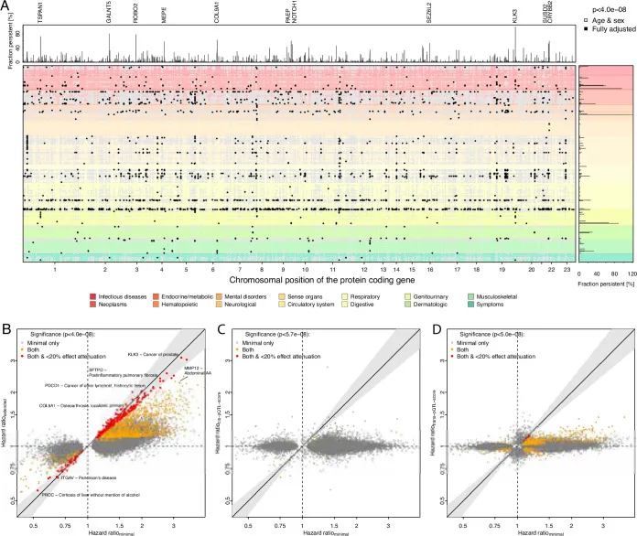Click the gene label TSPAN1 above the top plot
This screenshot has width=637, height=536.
(x=39, y=13)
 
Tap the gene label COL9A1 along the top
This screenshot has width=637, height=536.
(x=217, y=13)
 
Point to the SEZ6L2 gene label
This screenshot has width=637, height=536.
(x=429, y=13)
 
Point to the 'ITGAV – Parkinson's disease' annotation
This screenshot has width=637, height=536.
(x=81, y=477)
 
